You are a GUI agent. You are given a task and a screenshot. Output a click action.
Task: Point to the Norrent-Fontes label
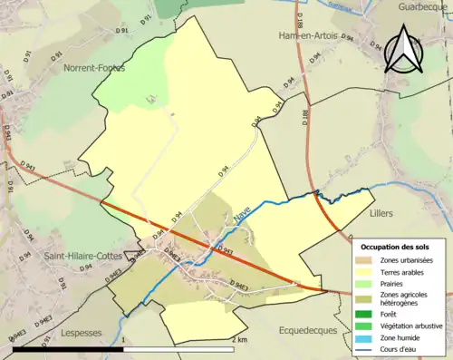[x=94, y=68]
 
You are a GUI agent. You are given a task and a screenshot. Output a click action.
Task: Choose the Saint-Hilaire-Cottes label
[x=82, y=257]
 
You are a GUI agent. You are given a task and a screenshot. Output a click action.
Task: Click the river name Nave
[x=241, y=215]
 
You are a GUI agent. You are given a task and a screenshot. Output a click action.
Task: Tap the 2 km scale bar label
[x=238, y=339]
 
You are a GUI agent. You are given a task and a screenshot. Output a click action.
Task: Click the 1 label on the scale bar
[x=123, y=339]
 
